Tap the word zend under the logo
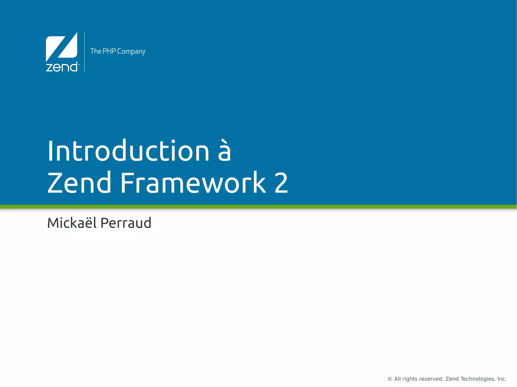pos(61,67)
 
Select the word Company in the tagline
pos(131,51)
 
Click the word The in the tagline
pos(96,51)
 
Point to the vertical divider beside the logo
pos(85,52)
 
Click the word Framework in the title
pos(193,183)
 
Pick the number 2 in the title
pos(281,183)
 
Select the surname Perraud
pos(126,223)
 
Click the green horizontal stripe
pos(258,207)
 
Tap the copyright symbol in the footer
pos(390,379)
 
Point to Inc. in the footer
pos(502,379)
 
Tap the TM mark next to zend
pos(79,64)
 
